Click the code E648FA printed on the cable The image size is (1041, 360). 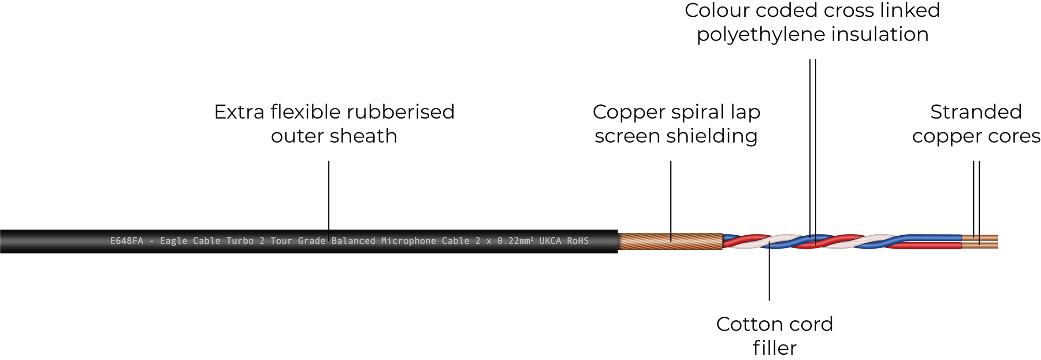click(x=126, y=241)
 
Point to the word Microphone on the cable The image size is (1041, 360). click(x=409, y=241)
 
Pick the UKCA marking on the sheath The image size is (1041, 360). click(x=550, y=241)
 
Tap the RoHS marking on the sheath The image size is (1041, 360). click(x=578, y=241)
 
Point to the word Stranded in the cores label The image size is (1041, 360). click(x=976, y=112)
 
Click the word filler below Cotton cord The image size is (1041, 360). click(x=774, y=348)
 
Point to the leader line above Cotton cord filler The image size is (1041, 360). click(x=769, y=273)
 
